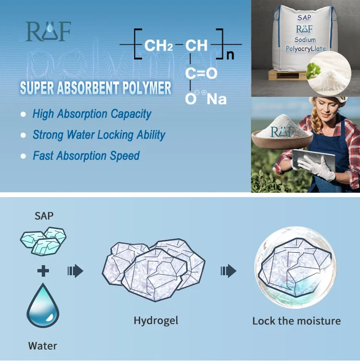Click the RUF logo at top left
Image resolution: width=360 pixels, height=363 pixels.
48,32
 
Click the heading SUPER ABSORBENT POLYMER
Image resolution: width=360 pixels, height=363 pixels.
96,88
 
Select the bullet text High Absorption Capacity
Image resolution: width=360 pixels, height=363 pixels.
92,114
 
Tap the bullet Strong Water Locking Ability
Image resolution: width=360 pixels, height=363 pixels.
99,135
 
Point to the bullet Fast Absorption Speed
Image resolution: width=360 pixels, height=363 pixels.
86,156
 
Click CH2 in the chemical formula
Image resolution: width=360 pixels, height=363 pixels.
158,46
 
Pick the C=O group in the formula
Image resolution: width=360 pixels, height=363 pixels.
201,73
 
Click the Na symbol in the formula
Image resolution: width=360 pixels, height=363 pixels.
216,99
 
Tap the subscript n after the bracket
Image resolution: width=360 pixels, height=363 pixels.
230,54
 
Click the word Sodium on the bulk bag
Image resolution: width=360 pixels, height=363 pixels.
305,40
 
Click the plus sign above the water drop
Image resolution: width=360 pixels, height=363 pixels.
43,271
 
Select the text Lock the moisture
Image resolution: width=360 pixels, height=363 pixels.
296,321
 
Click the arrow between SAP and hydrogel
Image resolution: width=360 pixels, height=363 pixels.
75,271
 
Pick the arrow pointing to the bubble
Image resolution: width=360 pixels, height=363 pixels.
228,271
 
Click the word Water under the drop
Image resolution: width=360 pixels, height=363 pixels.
43,345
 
